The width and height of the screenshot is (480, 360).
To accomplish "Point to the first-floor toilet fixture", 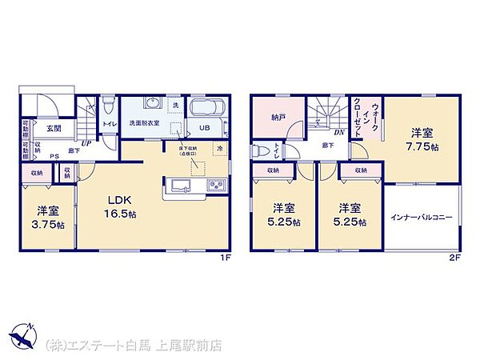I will click(x=108, y=106).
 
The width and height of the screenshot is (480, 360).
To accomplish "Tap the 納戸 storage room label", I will click(x=278, y=117).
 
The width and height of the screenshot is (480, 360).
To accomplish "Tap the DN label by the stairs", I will click(x=339, y=133).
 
